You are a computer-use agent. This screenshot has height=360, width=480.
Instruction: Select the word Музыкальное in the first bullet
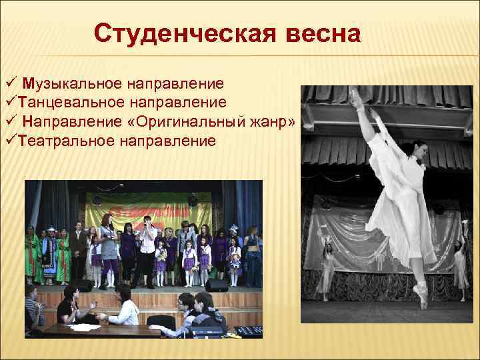coord(72,85)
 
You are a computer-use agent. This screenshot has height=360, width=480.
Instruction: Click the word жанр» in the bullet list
coord(273,122)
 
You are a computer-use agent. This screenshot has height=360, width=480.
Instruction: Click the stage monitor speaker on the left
coord(83,285)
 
